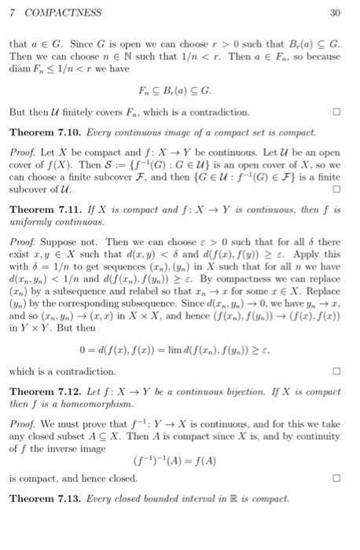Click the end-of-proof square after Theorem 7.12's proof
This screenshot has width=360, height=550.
(336, 477)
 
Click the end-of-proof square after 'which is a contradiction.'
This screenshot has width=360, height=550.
(336, 370)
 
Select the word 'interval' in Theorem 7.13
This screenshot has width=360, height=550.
(192, 498)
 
